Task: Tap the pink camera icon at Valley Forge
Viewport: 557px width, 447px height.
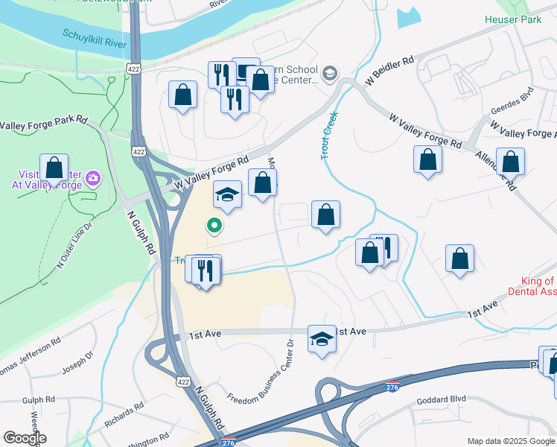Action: tap(92, 177)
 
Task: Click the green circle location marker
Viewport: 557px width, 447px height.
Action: tap(214, 225)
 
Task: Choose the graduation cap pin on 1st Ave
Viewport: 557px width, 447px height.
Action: tap(321, 339)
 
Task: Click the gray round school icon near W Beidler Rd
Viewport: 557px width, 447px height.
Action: tap(329, 73)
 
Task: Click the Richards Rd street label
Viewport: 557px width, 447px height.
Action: tap(124, 416)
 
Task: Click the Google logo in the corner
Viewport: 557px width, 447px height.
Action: tap(25, 438)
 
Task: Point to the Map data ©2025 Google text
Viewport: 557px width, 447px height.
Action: tap(511, 441)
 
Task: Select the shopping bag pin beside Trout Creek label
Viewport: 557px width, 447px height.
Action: tap(325, 215)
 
